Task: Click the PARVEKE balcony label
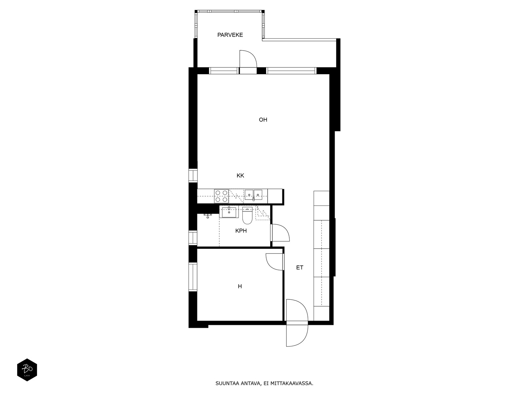tap(230, 35)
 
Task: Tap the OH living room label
tap(263, 120)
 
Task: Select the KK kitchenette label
tap(240, 175)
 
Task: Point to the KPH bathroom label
tap(241, 231)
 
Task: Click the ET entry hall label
tap(300, 267)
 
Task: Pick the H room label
tap(240, 286)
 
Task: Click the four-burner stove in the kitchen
tap(221, 196)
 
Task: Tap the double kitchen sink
tap(253, 195)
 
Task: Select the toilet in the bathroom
tap(247, 215)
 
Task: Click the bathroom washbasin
tap(229, 212)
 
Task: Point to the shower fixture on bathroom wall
tap(208, 215)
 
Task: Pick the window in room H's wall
tap(193, 277)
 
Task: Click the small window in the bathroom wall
tap(193, 238)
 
